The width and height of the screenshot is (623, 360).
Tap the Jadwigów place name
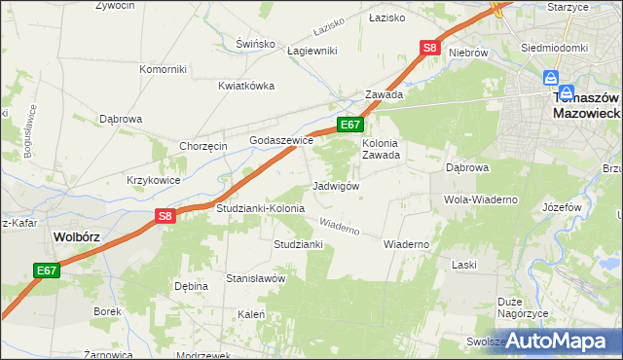coord(337,186)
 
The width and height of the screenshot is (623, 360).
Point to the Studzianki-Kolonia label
coord(260,209)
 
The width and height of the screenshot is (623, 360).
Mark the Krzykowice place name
coord(153,181)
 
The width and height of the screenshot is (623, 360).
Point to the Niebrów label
coord(467,53)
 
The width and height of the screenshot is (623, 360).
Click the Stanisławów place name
coord(255,278)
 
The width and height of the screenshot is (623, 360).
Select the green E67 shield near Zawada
coord(350,125)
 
